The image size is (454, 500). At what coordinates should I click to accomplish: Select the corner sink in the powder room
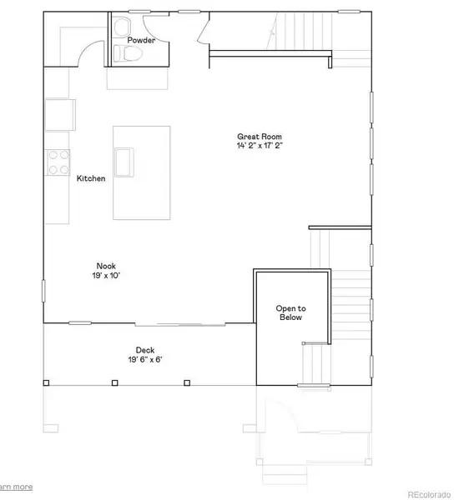point(117,24)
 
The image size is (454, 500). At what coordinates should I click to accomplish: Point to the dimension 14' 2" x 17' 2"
point(259,146)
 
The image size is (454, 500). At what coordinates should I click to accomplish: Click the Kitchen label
point(91,178)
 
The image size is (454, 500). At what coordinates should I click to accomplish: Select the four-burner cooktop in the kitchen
point(58,162)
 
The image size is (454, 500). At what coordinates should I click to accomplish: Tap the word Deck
point(144,350)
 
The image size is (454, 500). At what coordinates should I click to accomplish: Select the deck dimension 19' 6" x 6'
point(144,360)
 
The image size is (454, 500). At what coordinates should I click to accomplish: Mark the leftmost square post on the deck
point(47,383)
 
